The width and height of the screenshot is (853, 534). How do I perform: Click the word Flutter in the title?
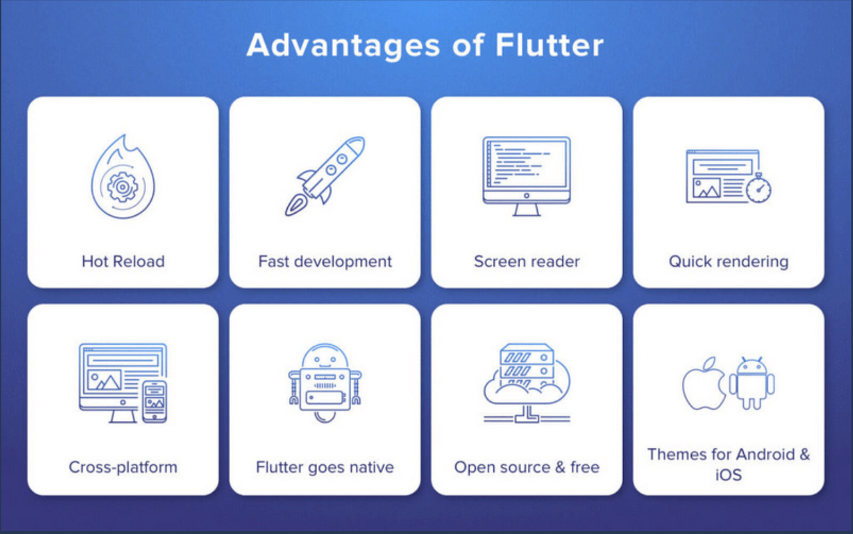click(550, 45)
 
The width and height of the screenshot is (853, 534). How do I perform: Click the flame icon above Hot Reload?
click(123, 178)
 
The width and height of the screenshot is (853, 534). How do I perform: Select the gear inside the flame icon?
click(121, 187)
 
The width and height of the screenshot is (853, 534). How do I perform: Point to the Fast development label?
click(325, 261)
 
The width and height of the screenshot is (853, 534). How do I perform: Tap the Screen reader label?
click(527, 261)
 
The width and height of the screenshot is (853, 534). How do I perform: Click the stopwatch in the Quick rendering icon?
click(758, 189)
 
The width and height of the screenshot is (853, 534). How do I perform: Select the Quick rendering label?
click(728, 261)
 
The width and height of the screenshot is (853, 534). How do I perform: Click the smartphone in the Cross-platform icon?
click(155, 401)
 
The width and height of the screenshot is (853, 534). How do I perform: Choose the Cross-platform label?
click(123, 467)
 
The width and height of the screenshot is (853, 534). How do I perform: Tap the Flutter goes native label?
click(325, 467)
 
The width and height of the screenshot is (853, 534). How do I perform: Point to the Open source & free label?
click(527, 467)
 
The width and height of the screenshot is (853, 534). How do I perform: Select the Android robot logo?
click(752, 383)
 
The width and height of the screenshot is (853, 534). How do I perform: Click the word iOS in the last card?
click(728, 475)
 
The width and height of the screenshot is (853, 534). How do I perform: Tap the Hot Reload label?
click(123, 261)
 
